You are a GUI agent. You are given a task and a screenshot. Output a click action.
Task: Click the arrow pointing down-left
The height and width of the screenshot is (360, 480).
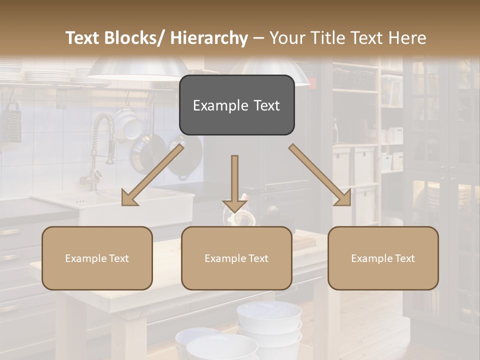click(152, 175)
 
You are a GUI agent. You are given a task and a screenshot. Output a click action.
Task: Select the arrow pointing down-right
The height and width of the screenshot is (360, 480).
click(320, 175)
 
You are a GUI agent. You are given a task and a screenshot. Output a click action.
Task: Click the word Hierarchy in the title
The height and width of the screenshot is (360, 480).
click(208, 38)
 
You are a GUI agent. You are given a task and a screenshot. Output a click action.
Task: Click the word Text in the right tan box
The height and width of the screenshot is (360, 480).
click(403, 258)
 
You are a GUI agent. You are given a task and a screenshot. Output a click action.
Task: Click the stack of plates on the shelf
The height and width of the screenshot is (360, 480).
click(47, 76)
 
